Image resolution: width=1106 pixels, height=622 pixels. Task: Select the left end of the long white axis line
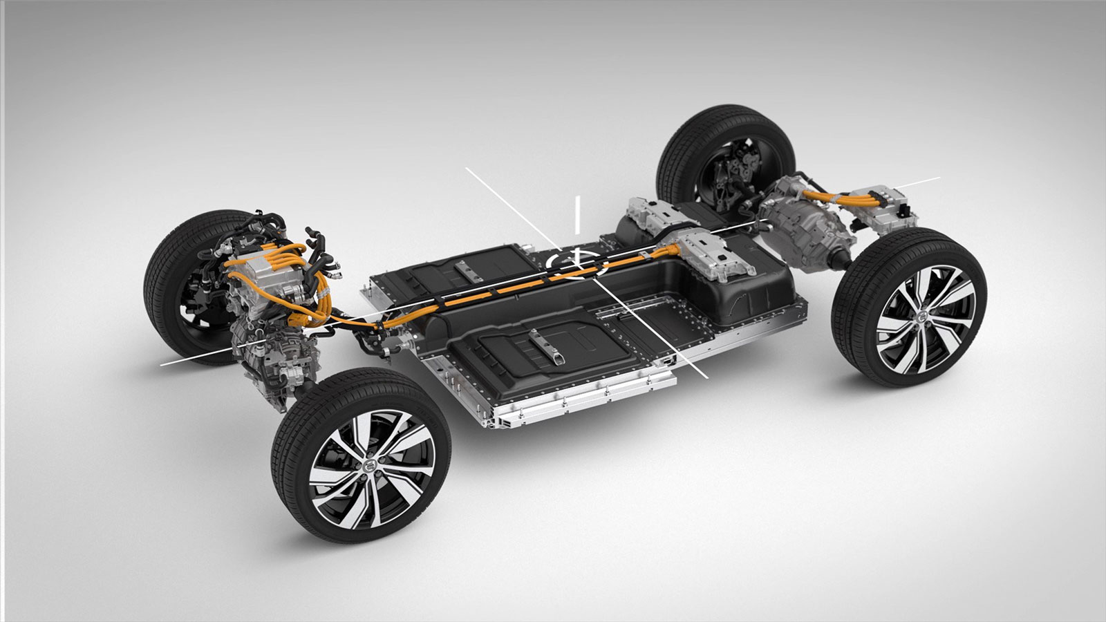point(162,362)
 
